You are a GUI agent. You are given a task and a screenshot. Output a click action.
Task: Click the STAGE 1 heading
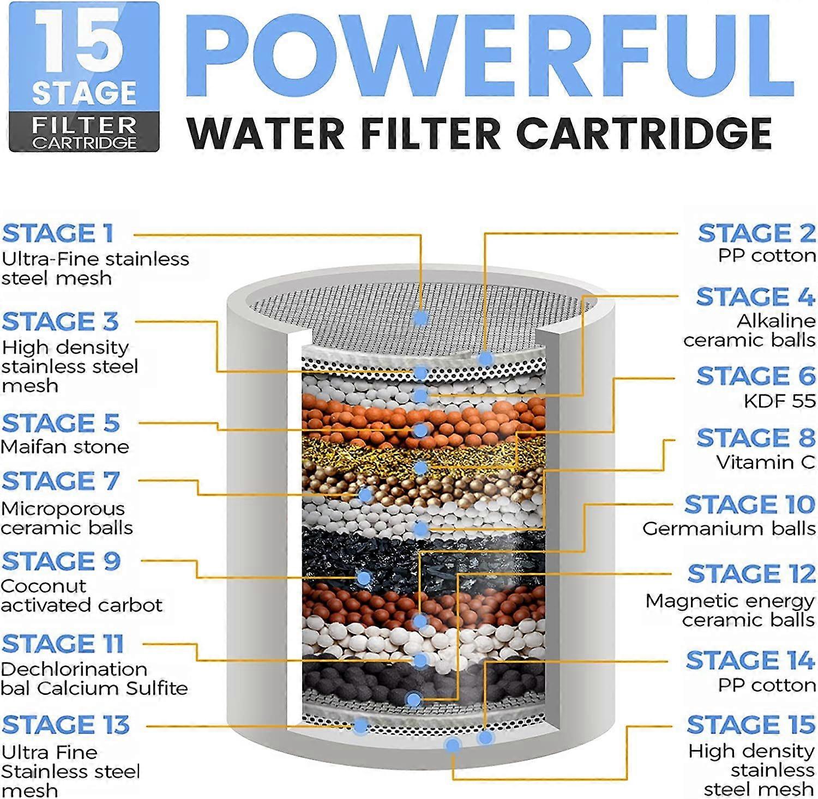pos(58,233)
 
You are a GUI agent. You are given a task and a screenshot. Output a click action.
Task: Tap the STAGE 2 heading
pos(757,233)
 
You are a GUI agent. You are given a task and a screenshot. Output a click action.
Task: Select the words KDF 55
pos(780,401)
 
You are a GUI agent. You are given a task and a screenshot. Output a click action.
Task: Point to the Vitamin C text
pos(766,462)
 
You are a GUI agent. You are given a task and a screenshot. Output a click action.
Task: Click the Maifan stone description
pos(65,447)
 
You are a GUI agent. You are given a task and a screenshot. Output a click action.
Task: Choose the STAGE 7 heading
pos(61,481)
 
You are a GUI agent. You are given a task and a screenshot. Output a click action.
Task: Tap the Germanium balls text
pos(729,528)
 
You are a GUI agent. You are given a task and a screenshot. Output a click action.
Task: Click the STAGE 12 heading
pos(751,573)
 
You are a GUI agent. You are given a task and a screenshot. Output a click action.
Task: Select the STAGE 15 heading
pos(751,724)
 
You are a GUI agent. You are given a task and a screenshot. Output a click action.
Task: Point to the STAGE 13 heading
pos(66,725)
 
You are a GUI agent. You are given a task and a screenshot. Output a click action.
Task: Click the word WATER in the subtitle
pos(267,134)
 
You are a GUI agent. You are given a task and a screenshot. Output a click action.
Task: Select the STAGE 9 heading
pos(61,561)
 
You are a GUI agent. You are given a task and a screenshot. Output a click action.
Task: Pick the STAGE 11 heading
pos(63,644)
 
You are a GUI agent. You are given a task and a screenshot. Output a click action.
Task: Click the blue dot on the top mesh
pos(420,318)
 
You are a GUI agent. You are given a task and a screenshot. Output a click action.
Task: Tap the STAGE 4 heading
pos(756,297)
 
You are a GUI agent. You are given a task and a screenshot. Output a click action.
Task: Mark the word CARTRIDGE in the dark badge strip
pos(84,143)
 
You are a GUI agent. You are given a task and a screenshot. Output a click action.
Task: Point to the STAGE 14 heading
pos(751,660)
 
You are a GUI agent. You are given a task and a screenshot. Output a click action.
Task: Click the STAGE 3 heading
pos(61,322)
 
